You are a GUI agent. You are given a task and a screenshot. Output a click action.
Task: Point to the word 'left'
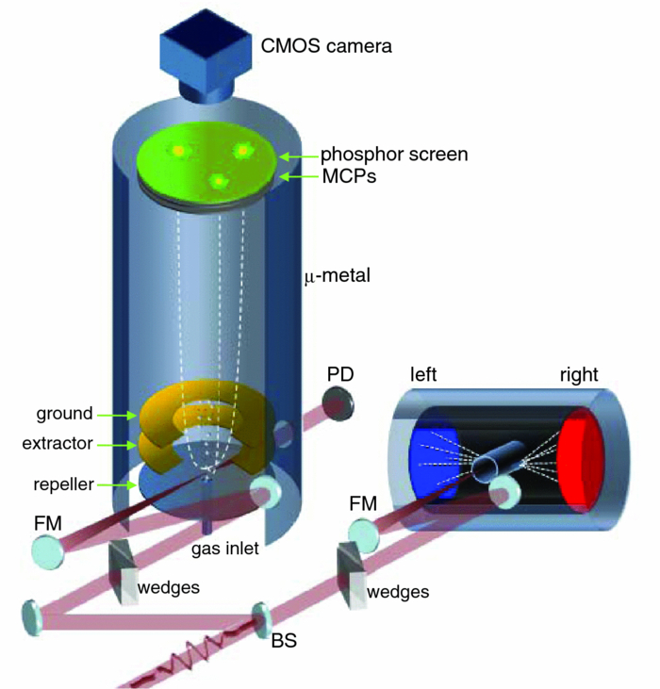click(425, 374)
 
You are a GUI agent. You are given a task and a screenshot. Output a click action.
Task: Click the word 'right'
click(576, 374)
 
